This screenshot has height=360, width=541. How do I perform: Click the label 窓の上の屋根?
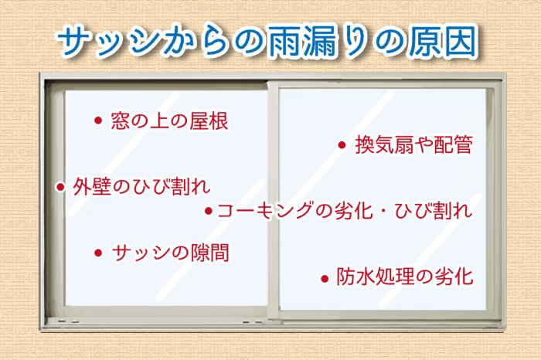[x=169, y=121]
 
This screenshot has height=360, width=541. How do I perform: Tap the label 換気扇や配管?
[x=413, y=144]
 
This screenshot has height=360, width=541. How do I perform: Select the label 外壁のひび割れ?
[x=141, y=187]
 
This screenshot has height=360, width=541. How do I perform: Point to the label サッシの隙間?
[x=171, y=253]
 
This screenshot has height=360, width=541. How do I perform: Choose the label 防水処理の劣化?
[x=405, y=277]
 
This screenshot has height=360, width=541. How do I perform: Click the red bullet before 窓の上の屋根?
[x=98, y=121]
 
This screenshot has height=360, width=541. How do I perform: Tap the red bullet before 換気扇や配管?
[x=342, y=145]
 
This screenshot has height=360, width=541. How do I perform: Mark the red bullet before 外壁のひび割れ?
[x=61, y=187]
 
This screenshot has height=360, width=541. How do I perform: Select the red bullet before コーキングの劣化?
[x=209, y=211]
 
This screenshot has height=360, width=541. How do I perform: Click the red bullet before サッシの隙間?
[x=98, y=253]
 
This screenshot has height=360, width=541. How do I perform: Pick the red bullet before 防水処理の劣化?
[x=325, y=278]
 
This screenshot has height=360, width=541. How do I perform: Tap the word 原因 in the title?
[x=443, y=41]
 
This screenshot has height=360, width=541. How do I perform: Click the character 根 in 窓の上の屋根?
[x=219, y=121]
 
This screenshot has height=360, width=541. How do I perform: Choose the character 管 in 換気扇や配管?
[x=463, y=144]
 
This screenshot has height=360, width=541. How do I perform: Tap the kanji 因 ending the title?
[x=461, y=41]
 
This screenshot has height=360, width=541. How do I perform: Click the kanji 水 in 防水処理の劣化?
[x=366, y=277]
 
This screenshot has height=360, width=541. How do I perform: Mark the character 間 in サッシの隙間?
[x=219, y=253]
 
